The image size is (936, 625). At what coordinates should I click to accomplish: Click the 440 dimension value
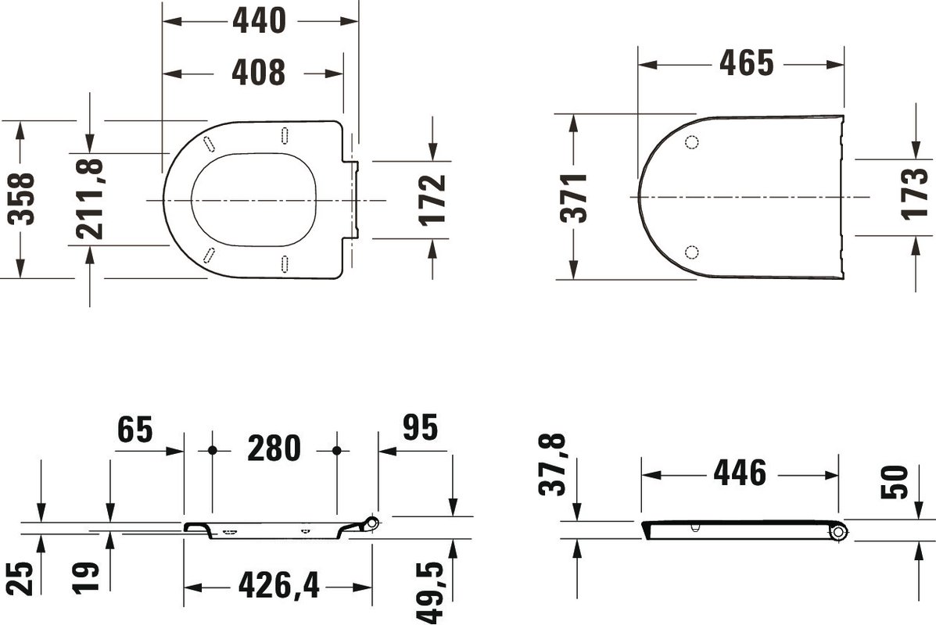259,21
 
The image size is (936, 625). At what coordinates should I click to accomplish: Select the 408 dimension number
259,73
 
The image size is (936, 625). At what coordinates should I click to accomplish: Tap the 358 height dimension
21,198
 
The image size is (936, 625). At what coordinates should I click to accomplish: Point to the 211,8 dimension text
90,198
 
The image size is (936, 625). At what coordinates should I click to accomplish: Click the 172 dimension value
432,200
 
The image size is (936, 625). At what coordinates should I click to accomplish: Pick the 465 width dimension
746,62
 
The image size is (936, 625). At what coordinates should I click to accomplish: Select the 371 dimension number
574,198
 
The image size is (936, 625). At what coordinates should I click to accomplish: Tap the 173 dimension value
915,194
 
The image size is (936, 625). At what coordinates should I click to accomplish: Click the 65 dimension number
135,430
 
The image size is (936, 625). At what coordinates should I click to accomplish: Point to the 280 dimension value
274,448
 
